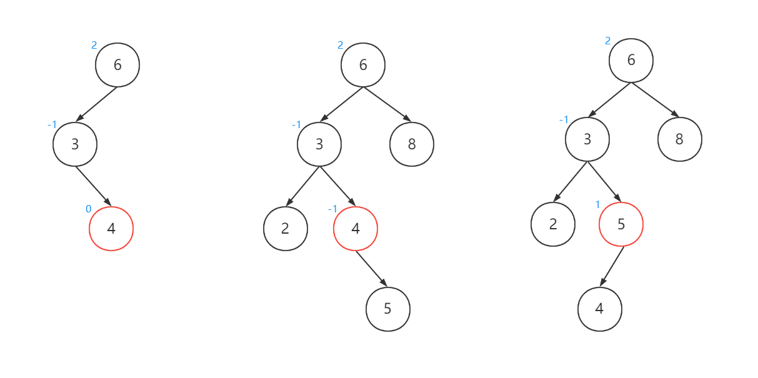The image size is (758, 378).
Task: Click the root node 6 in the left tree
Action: (x=117, y=65)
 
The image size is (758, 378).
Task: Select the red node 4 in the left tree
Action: (x=111, y=229)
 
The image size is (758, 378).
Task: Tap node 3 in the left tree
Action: (x=75, y=144)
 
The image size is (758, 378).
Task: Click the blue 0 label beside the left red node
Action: (x=88, y=209)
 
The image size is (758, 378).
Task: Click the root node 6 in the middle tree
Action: (x=363, y=65)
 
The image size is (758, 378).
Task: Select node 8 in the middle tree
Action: (x=412, y=144)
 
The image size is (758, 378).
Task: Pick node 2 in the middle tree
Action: (x=286, y=229)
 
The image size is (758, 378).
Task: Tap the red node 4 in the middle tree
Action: (x=356, y=229)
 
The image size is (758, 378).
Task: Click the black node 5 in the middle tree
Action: (x=388, y=309)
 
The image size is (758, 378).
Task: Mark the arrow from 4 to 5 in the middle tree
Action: (x=372, y=269)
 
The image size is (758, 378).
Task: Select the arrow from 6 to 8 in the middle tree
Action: (x=387, y=104)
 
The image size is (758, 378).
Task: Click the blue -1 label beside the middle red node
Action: (x=332, y=209)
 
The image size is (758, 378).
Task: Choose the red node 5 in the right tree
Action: (x=621, y=224)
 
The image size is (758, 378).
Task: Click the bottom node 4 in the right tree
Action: (x=600, y=309)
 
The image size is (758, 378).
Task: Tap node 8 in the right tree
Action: (x=680, y=139)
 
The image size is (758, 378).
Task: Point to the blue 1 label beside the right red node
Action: (x=597, y=205)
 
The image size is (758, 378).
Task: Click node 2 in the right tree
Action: (x=553, y=224)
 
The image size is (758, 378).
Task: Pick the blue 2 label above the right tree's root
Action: (x=607, y=41)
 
